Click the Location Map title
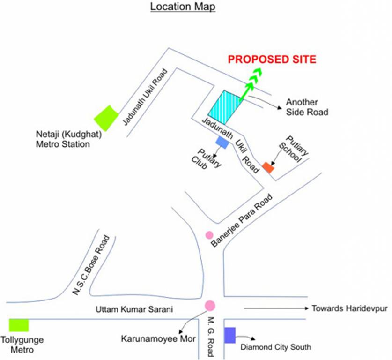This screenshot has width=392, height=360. (183, 7)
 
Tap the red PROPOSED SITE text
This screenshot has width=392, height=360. (272, 60)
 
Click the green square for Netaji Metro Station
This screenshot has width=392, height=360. (106, 118)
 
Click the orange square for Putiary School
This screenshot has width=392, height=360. (268, 167)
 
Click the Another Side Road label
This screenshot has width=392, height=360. (307, 107)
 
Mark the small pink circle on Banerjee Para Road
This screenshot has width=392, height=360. (209, 234)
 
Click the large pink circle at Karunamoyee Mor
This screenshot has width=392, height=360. (210, 306)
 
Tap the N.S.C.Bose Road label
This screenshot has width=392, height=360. (91, 265)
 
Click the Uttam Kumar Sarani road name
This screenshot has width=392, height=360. (134, 309)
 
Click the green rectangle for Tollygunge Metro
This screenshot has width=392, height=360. (19, 325)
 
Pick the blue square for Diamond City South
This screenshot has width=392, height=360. (229, 335)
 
